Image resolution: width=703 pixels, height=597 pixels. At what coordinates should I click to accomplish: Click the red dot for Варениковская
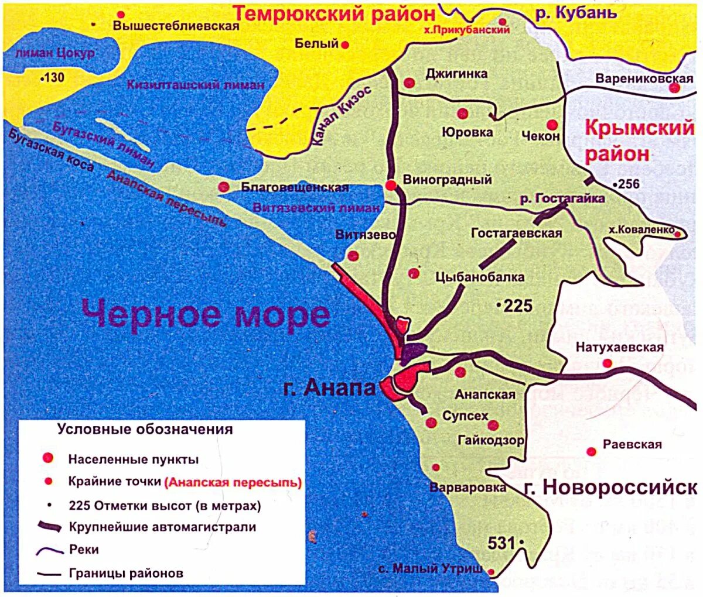(x=674, y=88)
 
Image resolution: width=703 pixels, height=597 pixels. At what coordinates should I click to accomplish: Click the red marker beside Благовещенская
(x=223, y=187)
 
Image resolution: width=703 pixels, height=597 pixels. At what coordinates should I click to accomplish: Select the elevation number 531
(x=502, y=543)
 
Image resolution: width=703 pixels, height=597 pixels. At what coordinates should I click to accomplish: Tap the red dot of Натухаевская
(x=608, y=363)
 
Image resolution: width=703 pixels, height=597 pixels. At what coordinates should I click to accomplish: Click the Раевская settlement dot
(x=591, y=451)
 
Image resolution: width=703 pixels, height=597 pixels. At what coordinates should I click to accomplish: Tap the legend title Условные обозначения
(x=145, y=429)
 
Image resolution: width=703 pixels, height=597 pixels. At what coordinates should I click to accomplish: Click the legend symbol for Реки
(x=49, y=550)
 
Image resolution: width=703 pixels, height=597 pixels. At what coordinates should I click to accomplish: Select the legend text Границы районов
(x=126, y=573)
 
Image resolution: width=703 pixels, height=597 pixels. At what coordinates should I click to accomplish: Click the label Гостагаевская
(x=516, y=233)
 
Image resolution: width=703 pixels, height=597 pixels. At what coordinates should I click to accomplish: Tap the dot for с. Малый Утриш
(x=492, y=572)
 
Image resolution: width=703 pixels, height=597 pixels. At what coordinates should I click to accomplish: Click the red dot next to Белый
(x=346, y=44)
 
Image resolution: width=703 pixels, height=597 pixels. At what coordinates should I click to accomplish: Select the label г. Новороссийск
(x=610, y=487)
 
